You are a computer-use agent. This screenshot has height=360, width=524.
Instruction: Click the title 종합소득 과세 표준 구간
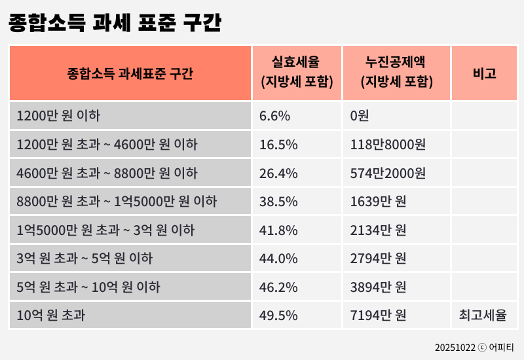pos(115,24)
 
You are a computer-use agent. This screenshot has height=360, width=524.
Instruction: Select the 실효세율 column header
pos(297,73)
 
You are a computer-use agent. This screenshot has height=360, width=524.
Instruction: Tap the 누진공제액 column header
pos(396,73)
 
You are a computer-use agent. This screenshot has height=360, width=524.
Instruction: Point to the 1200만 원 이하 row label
pos(58,117)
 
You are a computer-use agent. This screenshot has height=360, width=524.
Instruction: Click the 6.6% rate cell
pos(274,117)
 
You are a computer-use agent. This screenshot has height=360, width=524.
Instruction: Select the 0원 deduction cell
pos(360,117)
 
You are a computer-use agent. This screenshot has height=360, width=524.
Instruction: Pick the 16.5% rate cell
pos(278,145)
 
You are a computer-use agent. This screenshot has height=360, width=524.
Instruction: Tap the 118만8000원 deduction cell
pos(388,145)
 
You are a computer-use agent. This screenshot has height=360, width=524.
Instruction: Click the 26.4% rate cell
pos(278,173)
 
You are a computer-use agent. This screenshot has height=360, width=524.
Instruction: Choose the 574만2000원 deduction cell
pos(388,173)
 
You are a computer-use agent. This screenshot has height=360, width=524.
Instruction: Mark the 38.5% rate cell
pos(278,202)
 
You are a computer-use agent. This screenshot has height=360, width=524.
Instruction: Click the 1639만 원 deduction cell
pos(378,202)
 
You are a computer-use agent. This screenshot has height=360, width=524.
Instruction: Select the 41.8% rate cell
pos(278,230)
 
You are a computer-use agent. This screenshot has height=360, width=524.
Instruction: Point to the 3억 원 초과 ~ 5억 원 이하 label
pos(84,259)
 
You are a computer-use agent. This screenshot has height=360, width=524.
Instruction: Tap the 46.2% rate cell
pos(278,287)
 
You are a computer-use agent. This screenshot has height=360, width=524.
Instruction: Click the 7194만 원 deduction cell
pos(378,315)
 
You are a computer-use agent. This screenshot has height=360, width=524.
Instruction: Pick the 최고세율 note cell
pos(483,315)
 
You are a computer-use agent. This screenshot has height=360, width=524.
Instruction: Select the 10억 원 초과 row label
pos(51,315)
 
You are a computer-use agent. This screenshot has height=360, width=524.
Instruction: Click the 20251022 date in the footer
pos(455,348)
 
